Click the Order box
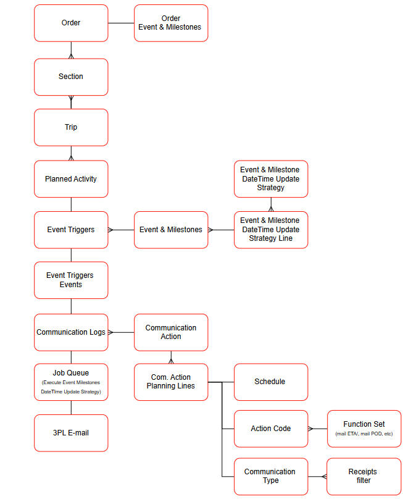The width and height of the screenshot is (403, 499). (x=71, y=23)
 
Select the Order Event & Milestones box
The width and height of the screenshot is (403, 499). (x=171, y=23)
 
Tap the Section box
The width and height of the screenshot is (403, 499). (x=71, y=77)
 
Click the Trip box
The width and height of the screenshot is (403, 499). (x=71, y=127)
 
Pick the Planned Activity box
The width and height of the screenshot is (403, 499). (x=71, y=179)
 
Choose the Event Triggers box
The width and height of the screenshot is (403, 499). (x=71, y=230)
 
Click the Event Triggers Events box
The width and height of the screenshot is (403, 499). (x=71, y=280)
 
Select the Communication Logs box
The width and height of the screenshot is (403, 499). (x=71, y=332)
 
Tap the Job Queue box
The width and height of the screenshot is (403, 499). (x=71, y=382)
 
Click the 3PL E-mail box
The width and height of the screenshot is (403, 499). (x=71, y=433)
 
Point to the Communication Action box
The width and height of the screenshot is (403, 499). (x=171, y=332)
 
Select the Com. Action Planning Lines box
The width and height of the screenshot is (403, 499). (x=171, y=382)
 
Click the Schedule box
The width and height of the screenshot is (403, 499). (x=270, y=382)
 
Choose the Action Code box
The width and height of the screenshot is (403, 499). (x=270, y=429)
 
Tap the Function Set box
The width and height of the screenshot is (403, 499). (x=364, y=429)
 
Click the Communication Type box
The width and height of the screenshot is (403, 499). (x=270, y=476)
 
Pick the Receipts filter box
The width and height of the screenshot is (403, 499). (x=364, y=476)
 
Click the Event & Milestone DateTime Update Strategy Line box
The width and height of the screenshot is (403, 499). (x=270, y=230)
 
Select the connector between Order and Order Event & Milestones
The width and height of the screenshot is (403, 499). (x=121, y=23)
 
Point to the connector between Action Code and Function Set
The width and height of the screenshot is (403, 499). (x=317, y=429)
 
